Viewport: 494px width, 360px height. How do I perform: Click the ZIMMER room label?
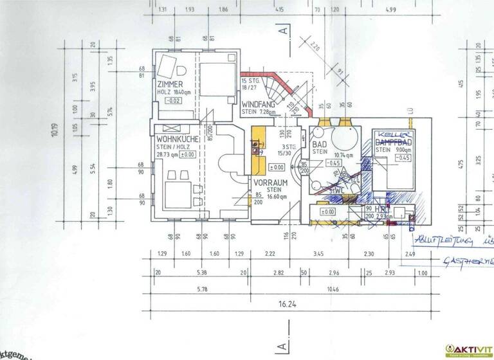(x=170, y=85)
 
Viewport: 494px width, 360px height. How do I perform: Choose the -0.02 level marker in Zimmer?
(x=172, y=101)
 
